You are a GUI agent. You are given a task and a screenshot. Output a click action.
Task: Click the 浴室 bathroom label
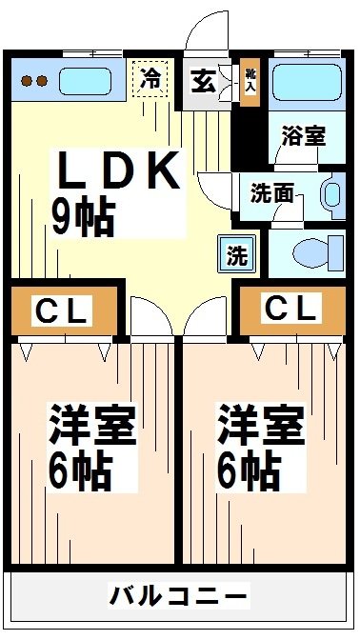pos(304,134)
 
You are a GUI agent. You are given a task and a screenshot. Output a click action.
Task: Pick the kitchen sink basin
pos(88,81)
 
